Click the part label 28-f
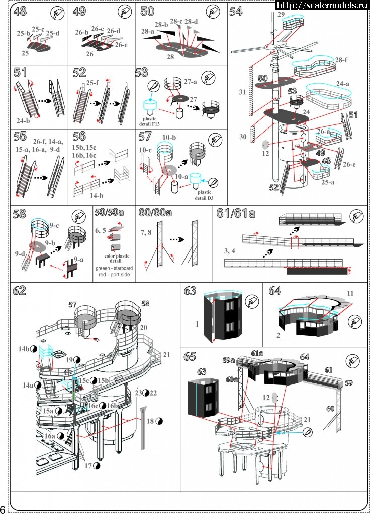click(341, 60)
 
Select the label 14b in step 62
click(25, 349)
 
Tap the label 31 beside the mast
click(243, 92)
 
